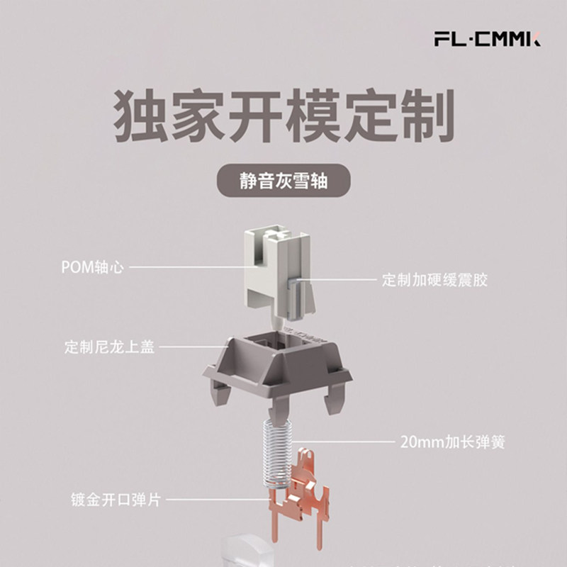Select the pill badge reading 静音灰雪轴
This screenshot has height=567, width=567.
pyautogui.click(x=283, y=181)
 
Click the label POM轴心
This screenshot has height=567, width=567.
pyautogui.click(x=93, y=267)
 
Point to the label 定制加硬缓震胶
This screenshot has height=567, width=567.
pyautogui.click(x=434, y=280)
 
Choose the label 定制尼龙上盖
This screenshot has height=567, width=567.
pyautogui.click(x=108, y=348)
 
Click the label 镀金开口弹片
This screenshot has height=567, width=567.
pyautogui.click(x=115, y=500)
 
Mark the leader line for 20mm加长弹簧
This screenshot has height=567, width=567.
pyautogui.click(x=347, y=442)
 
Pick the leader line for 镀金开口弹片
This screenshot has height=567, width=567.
pyautogui.click(x=213, y=500)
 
